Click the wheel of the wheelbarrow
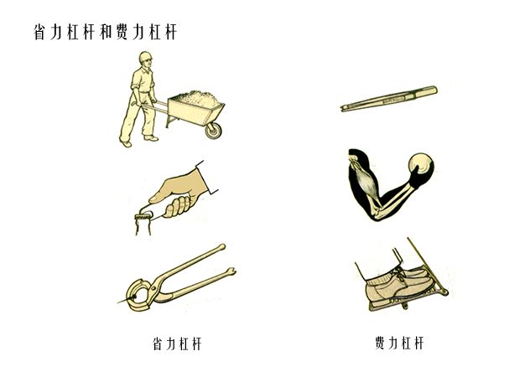(x=213, y=131)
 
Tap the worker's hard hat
(x=145, y=56)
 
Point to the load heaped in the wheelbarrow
(x=196, y=99)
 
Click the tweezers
(x=389, y=99)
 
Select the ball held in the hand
(x=421, y=164)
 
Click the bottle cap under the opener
(x=143, y=218)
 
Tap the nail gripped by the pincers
(x=127, y=299)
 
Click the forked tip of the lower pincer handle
(x=231, y=271)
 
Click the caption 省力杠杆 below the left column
(x=178, y=344)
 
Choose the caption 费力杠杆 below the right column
(x=399, y=343)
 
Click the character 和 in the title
(x=107, y=32)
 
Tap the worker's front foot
(x=151, y=138)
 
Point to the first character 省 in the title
(x=40, y=32)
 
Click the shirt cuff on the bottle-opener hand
(x=206, y=177)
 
